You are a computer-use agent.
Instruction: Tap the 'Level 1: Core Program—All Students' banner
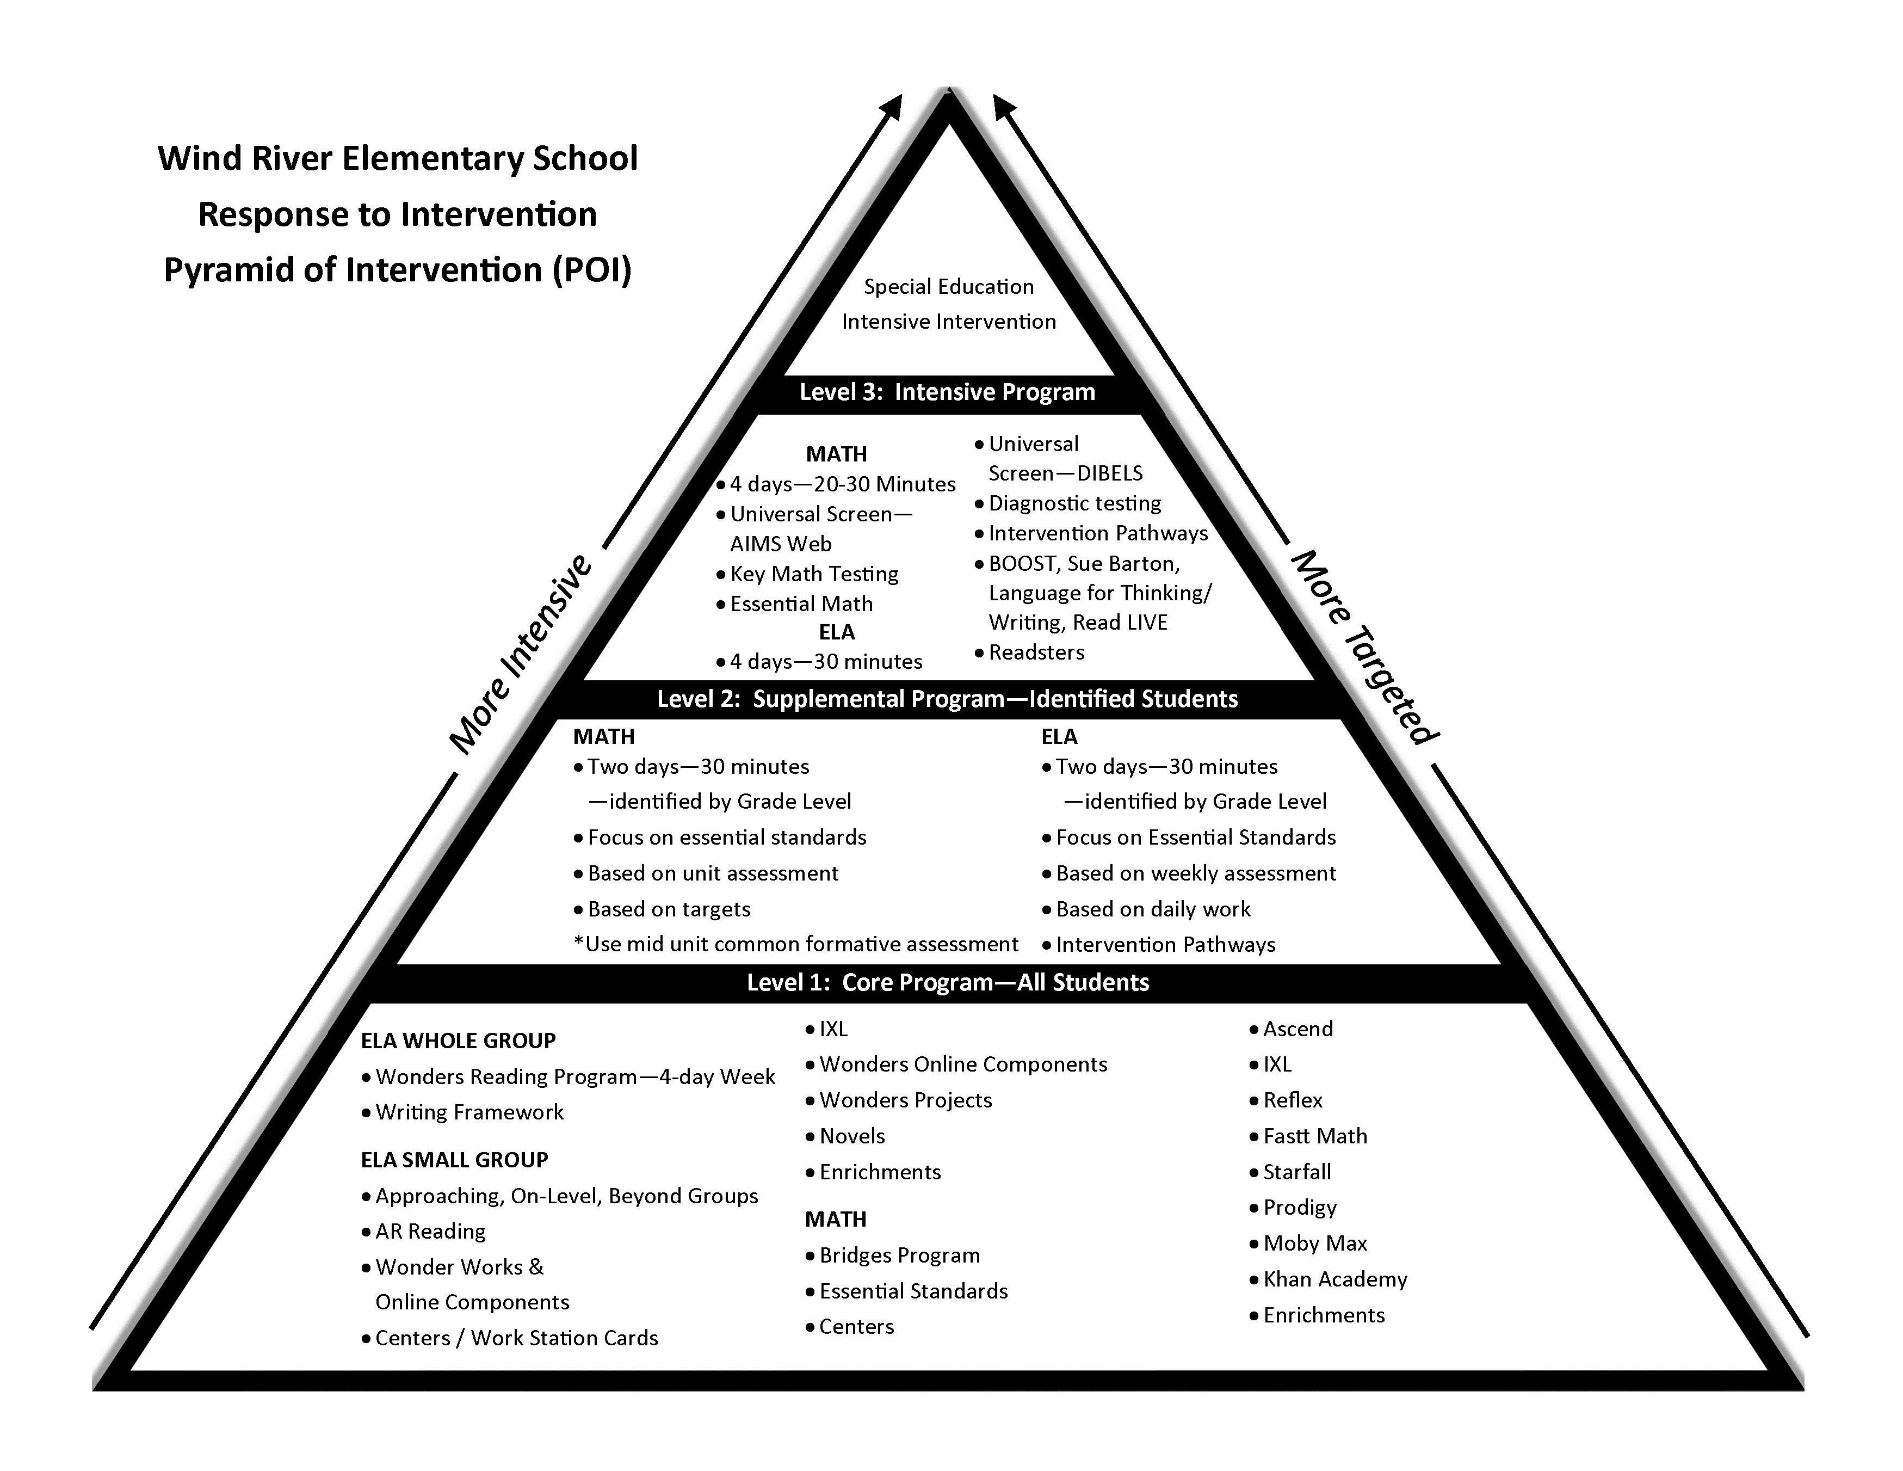[948, 983]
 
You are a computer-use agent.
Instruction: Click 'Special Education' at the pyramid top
[949, 287]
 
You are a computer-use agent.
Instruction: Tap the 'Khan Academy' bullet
[1335, 1279]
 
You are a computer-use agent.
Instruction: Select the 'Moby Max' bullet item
[1315, 1244]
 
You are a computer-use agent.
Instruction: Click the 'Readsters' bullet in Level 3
[1036, 653]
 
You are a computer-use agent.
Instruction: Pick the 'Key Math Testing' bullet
[814, 574]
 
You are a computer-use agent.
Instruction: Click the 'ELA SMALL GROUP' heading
[454, 1160]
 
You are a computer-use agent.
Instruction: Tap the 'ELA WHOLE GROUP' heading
[458, 1041]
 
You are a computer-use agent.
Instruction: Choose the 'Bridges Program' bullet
[899, 1255]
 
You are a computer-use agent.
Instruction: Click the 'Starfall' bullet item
[1296, 1172]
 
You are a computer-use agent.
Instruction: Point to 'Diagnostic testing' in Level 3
[1074, 504]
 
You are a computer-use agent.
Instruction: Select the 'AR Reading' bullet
[430, 1232]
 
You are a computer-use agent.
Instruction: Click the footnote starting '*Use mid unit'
[795, 945]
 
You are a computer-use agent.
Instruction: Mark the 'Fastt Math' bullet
[1315, 1136]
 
